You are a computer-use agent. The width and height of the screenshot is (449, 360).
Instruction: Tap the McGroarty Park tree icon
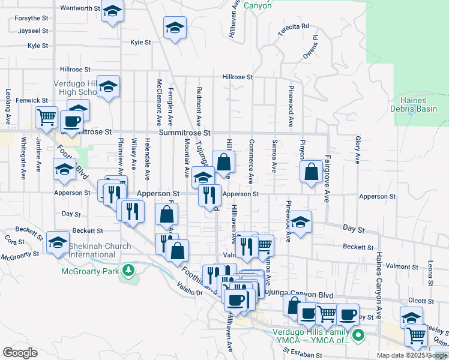[127, 271]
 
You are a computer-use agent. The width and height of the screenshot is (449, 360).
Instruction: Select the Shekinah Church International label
[99, 250]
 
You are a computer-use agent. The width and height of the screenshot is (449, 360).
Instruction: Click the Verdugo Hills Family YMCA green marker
[358, 335]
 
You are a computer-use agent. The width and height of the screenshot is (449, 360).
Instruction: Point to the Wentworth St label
[80, 8]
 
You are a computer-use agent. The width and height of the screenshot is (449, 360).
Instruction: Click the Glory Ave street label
[357, 149]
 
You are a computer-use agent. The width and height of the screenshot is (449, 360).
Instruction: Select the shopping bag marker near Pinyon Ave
[312, 172]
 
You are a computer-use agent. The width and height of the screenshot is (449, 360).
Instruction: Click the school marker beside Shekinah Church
[58, 243]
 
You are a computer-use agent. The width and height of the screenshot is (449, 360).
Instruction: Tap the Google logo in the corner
[20, 353]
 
